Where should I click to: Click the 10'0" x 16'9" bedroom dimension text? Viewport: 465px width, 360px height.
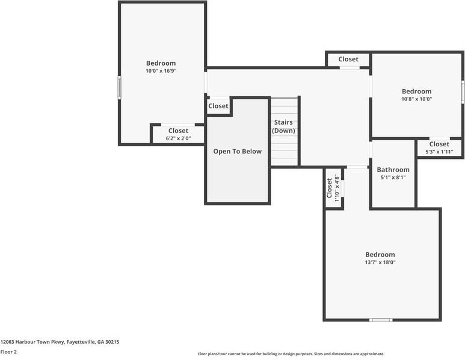pos(161,71)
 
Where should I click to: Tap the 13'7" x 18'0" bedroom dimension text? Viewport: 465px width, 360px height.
pos(380,262)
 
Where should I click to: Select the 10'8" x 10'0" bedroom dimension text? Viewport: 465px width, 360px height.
pos(417,99)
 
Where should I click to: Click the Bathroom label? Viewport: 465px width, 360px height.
pos(393,170)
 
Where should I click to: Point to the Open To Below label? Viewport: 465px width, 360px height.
pos(238,151)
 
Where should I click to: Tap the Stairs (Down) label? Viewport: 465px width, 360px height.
pos(283,126)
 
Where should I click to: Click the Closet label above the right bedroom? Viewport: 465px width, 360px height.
pos(348,59)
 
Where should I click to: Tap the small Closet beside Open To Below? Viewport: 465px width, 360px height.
pos(218,106)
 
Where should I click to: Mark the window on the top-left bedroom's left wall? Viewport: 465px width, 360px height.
pos(120,87)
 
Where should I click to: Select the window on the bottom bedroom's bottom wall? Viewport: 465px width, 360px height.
pos(381,320)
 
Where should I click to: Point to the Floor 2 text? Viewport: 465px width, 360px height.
pos(8,352)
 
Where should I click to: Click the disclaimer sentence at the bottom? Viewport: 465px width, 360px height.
pos(291,354)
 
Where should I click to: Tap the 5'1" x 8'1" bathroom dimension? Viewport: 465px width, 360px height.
pos(393,178)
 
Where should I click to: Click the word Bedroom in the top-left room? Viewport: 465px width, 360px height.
pos(161,63)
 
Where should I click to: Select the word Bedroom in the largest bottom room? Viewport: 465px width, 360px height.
pos(380,255)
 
